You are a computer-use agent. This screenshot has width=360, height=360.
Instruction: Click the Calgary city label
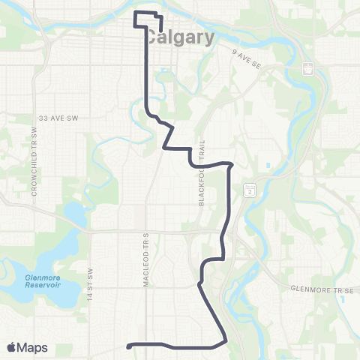[x=179, y=37]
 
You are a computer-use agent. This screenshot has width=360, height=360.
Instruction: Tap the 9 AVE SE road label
[x=247, y=51]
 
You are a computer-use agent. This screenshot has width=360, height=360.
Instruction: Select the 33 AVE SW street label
[x=58, y=118]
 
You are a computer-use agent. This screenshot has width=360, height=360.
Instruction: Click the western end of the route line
[x=130, y=346]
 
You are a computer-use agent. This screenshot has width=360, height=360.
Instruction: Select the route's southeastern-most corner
[x=225, y=342]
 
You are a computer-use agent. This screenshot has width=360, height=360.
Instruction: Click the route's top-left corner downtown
[x=135, y=13]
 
